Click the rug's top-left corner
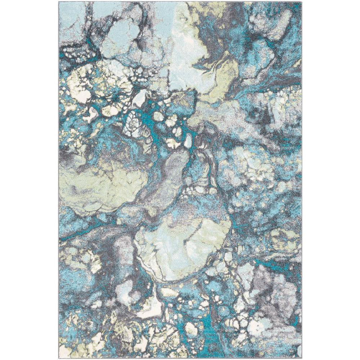tap(59, 2)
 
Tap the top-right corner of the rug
tap(302, 2)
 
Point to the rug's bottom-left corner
tap(59, 358)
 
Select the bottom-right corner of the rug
tap(302, 358)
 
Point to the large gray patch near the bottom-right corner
tap(274, 293)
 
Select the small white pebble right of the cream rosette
tap(140, 99)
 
